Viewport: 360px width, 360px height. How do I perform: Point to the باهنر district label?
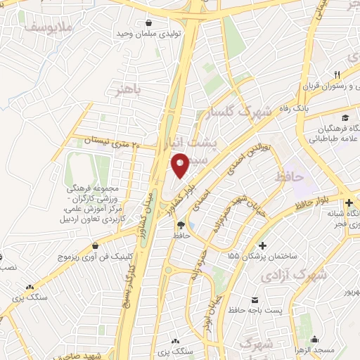point(127,91)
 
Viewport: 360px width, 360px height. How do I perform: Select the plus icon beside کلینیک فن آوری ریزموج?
point(93,247)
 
